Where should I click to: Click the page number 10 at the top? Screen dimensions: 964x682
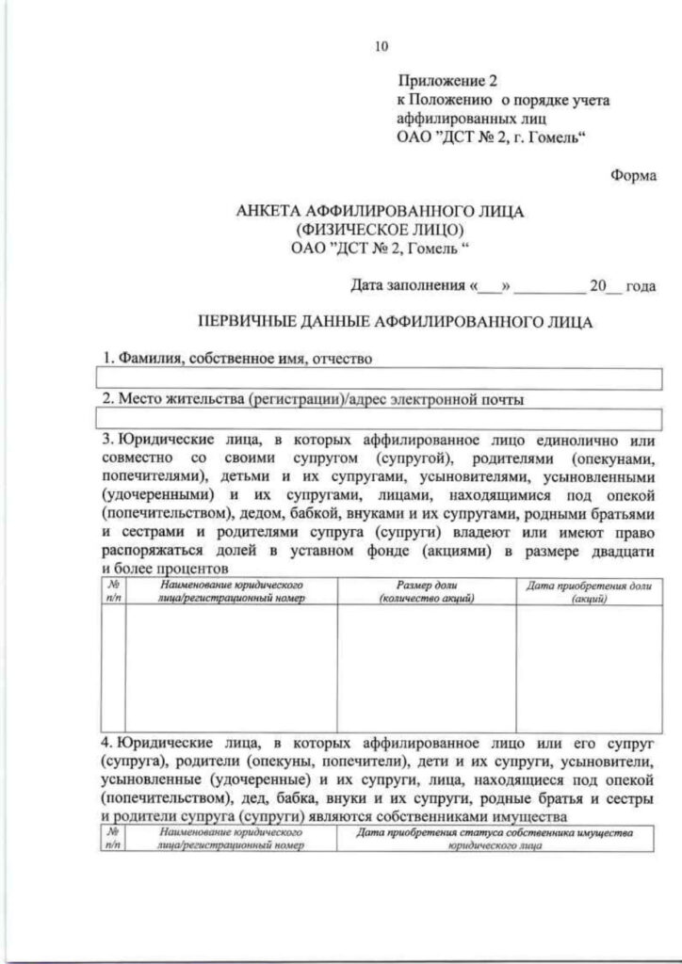click(381, 46)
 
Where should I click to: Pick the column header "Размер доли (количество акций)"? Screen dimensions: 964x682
click(427, 591)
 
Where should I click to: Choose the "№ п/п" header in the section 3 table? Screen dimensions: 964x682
click(113, 591)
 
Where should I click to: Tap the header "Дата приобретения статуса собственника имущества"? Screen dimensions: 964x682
click(496, 839)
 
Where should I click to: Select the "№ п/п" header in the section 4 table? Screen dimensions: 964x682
click(113, 839)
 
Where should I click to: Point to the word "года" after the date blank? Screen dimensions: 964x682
click(641, 284)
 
